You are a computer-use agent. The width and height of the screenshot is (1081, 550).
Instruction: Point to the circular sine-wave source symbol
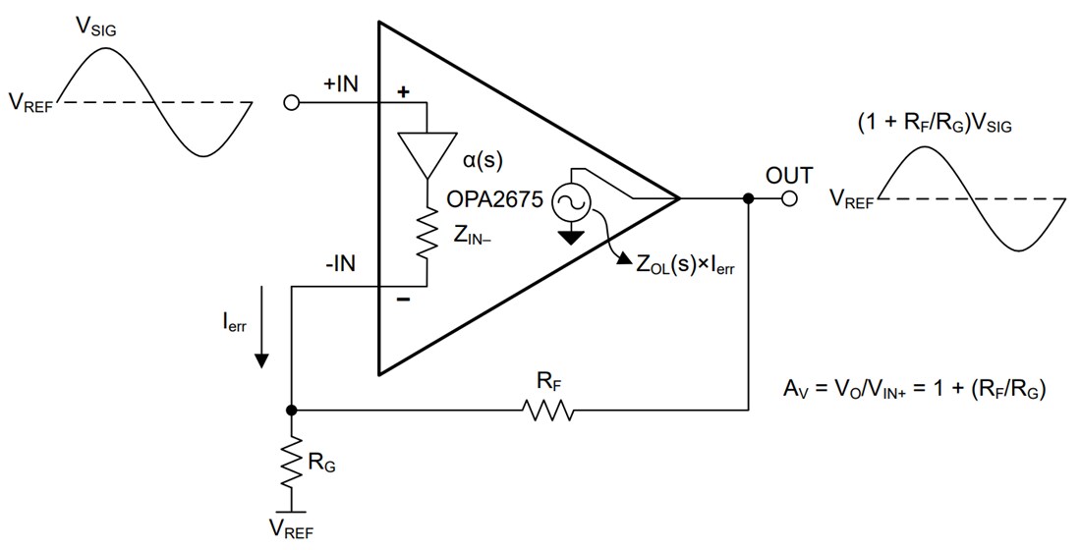pyautogui.click(x=569, y=203)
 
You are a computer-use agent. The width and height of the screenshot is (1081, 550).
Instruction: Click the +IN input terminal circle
pyautogui.click(x=291, y=102)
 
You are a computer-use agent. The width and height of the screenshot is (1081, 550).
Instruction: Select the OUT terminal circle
pyautogui.click(x=789, y=199)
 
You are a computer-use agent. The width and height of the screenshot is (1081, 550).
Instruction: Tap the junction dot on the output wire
pyautogui.click(x=749, y=199)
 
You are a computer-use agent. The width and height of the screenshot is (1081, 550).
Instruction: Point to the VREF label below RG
pyautogui.click(x=292, y=531)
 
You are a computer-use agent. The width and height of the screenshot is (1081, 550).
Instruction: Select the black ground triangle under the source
pyautogui.click(x=569, y=236)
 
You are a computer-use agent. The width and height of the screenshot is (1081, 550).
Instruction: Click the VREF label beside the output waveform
pyautogui.click(x=850, y=200)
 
